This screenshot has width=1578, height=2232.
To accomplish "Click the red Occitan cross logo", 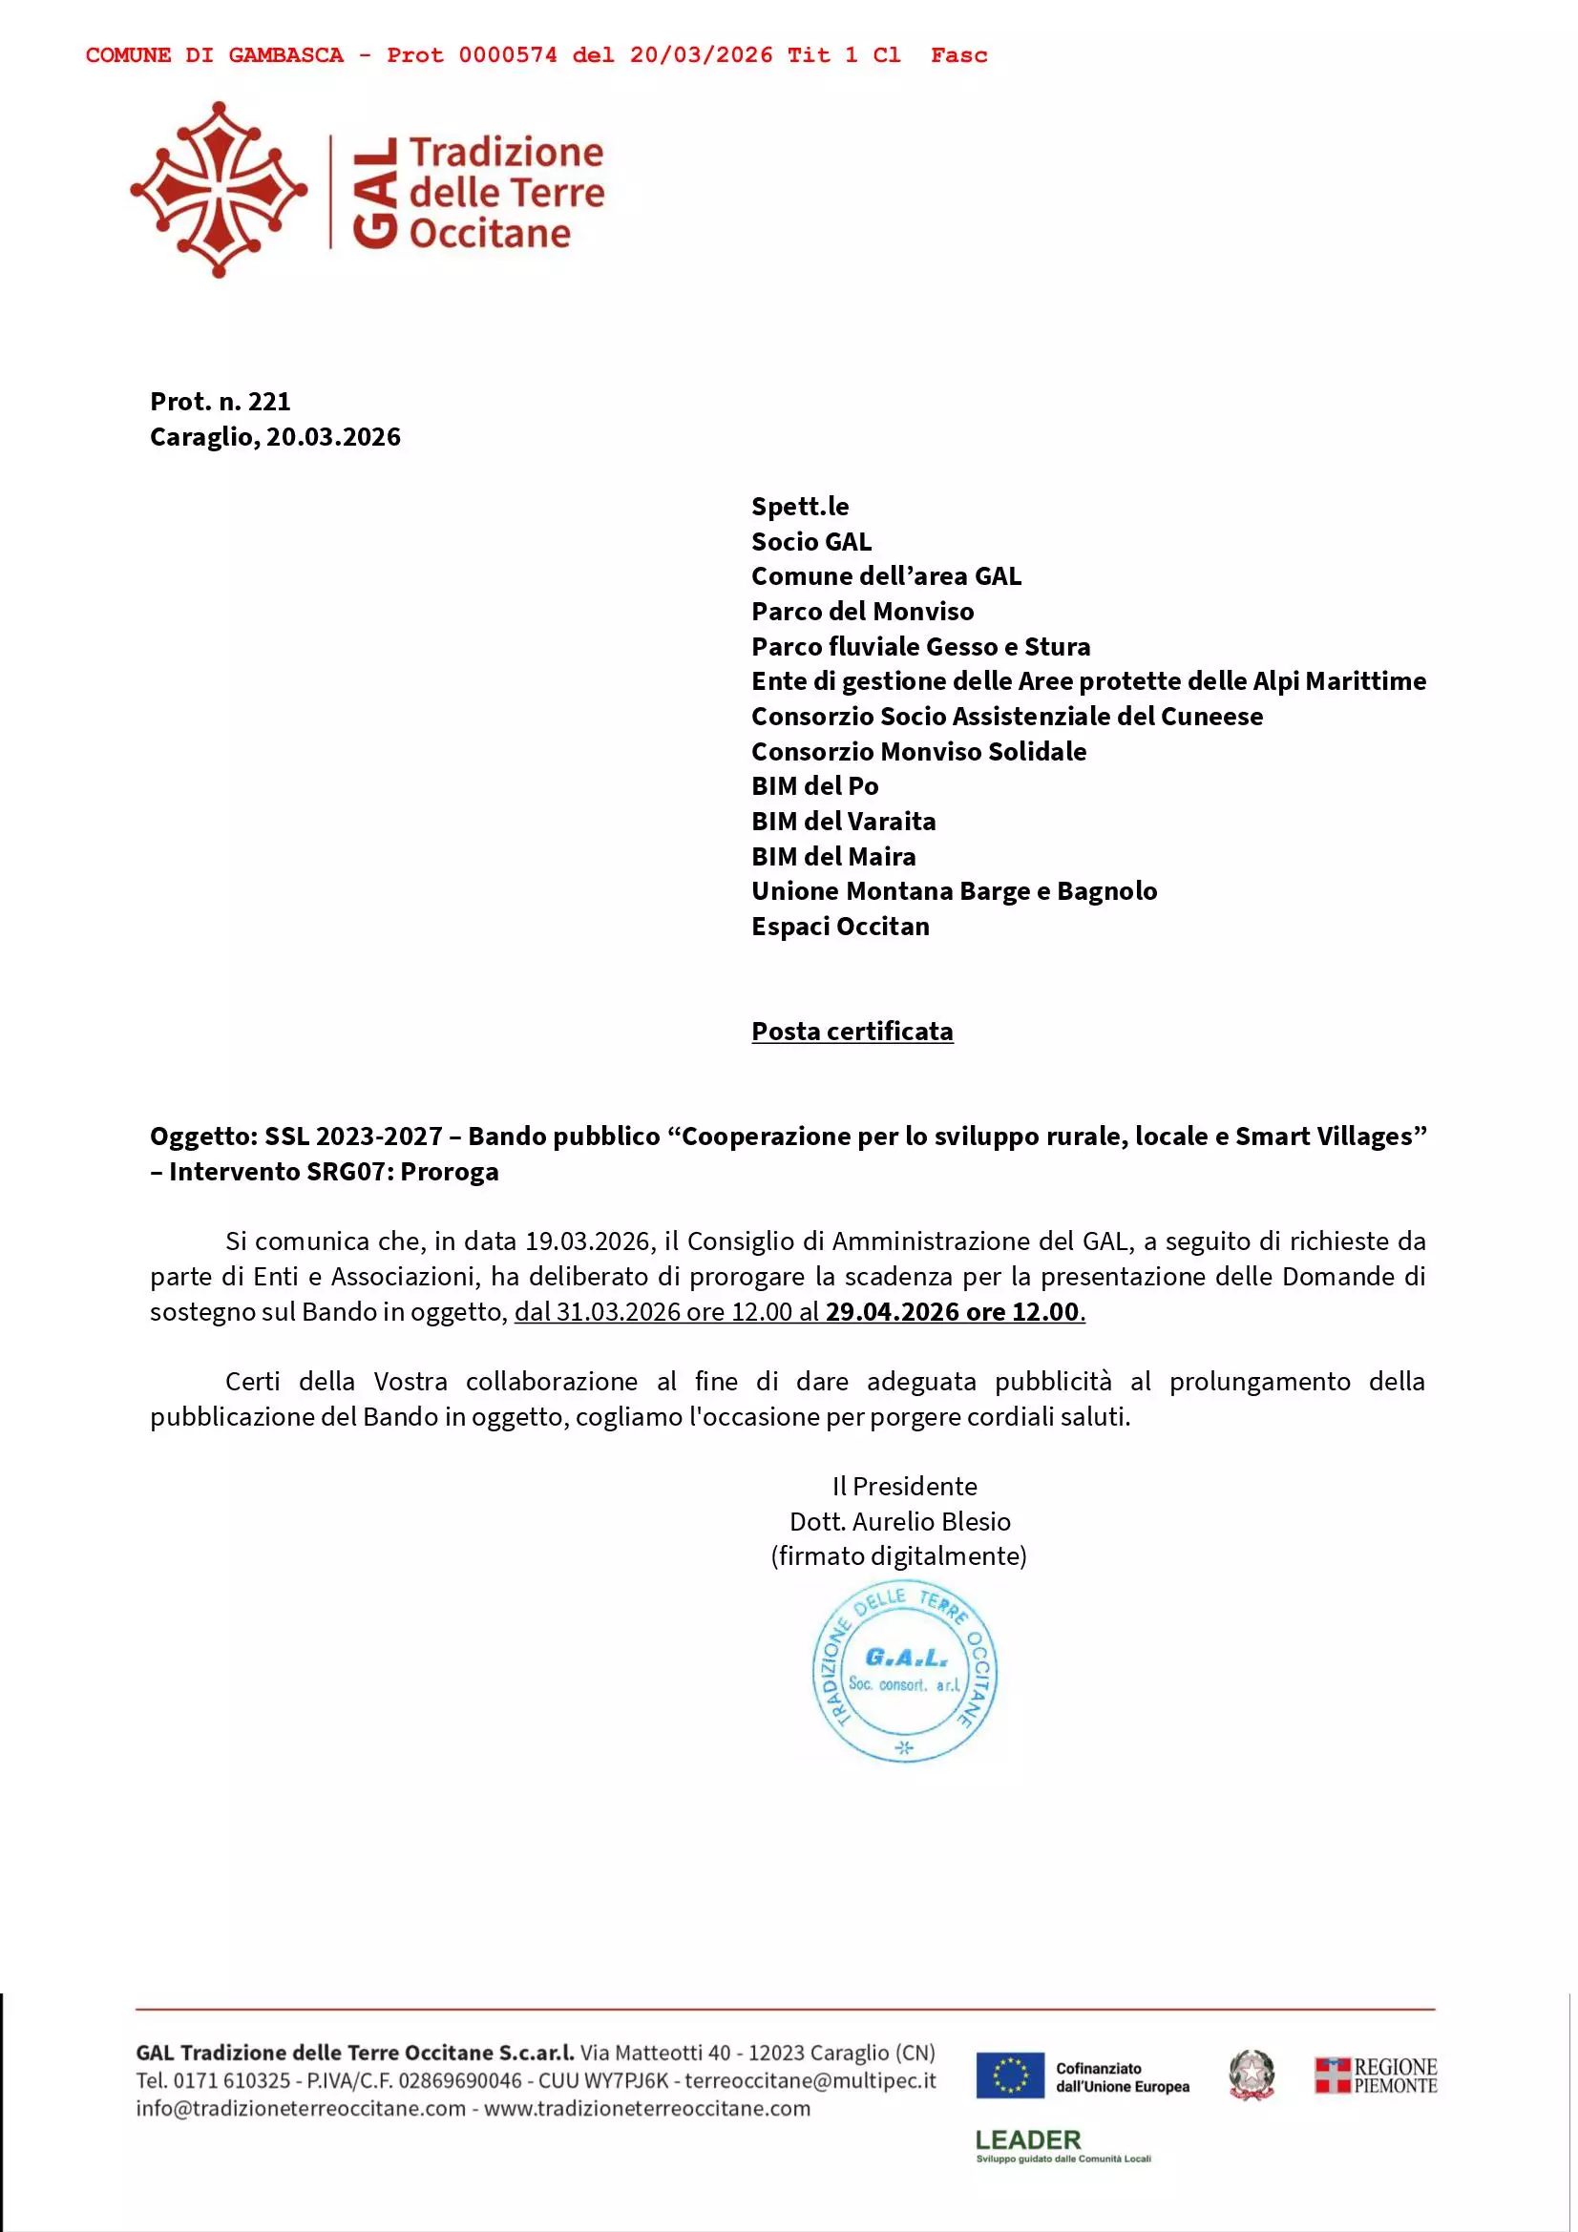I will tap(219, 190).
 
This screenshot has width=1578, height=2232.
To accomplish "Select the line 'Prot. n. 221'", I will tap(220, 402).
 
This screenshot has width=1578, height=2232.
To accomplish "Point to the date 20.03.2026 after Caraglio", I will tap(333, 437).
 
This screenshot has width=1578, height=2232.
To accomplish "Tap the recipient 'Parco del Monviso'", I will tap(861, 612).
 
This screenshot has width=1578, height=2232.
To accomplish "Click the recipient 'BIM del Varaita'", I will tap(843, 822).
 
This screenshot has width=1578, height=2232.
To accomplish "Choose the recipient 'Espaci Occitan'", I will tap(840, 927).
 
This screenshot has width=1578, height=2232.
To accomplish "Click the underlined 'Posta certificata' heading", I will tap(852, 1032).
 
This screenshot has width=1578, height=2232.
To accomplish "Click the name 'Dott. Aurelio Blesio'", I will tap(899, 1521).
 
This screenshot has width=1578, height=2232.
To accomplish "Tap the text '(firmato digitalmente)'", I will tap(898, 1556).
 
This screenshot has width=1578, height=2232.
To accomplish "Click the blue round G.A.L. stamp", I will tap(904, 1672).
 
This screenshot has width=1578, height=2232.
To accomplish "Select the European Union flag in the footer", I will tap(1009, 2076).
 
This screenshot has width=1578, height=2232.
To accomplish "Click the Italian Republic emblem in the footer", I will tap(1252, 2076).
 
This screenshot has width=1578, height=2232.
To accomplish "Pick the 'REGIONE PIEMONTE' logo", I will tap(1376, 2076).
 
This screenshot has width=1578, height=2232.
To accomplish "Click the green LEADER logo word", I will tap(1028, 2139).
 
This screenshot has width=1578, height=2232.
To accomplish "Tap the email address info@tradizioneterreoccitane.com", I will tap(301, 2108).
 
